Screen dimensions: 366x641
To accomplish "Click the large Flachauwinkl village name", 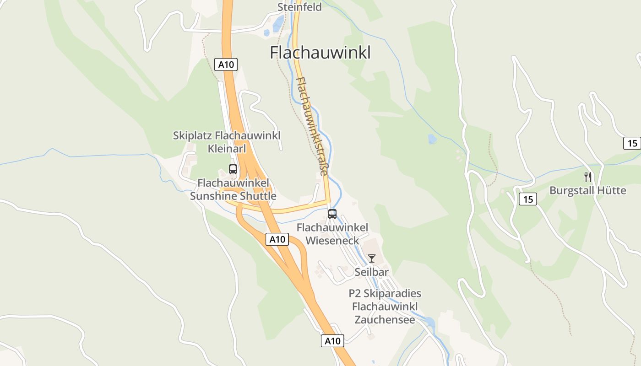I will click(320, 53).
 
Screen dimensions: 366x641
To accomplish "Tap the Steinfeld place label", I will click(299, 7).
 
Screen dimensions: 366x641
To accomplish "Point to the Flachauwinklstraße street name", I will click(312, 126).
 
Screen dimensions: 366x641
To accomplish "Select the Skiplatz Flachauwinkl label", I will click(227, 135).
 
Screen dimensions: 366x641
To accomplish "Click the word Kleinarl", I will click(227, 148).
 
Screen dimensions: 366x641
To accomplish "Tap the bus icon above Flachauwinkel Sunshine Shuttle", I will click(233, 169).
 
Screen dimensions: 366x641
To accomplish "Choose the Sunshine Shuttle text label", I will click(233, 196).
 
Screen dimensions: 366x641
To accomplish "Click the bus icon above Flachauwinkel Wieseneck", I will click(332, 214).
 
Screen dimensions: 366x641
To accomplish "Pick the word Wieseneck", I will click(332, 240).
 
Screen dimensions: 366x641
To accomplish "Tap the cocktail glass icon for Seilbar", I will click(371, 258).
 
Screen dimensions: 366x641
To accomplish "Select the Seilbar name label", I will click(371, 272).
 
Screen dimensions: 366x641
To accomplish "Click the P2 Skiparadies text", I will click(385, 293).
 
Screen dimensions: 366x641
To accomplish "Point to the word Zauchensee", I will click(385, 319).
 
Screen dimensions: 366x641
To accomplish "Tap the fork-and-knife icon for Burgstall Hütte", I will click(588, 177).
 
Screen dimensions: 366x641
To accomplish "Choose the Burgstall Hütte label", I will click(588, 190).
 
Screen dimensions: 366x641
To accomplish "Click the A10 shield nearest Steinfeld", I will click(226, 65).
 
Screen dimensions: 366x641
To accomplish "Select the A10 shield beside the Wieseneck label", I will click(277, 239).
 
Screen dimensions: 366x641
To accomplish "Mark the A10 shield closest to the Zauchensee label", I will click(332, 341).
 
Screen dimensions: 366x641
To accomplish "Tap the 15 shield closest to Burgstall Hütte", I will click(528, 199).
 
